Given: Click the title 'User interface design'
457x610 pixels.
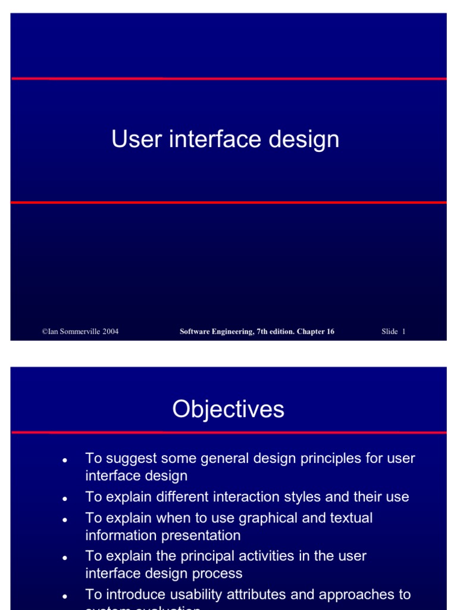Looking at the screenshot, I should [x=225, y=140].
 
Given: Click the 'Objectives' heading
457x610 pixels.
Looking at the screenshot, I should [x=228, y=409].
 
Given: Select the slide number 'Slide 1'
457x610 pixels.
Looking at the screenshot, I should [x=393, y=332].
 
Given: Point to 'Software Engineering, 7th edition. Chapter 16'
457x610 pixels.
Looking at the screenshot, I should [x=256, y=332].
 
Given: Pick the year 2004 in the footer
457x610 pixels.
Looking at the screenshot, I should [x=109, y=332].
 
